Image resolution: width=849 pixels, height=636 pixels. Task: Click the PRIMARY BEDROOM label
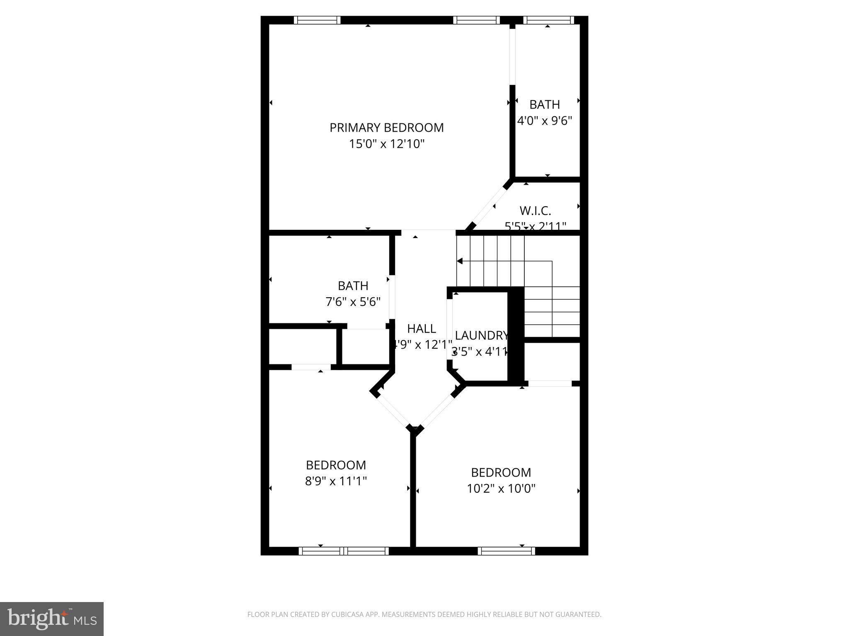386,128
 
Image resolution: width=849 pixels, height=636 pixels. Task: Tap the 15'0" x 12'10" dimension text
386,144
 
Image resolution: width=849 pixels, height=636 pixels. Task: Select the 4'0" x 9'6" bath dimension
544,120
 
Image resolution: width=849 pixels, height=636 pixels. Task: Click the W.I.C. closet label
535,211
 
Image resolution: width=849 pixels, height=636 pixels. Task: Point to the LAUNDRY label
481,335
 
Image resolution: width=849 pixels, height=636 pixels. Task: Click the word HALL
421,328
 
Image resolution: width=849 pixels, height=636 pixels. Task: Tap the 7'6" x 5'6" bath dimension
353,302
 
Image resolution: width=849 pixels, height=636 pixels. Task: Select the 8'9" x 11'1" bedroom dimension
336,481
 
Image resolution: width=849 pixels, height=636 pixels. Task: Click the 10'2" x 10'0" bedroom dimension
501,489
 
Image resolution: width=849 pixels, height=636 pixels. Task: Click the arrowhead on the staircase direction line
459,261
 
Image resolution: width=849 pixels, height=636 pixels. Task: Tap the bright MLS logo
52,619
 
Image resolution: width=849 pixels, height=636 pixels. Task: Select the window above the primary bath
548,20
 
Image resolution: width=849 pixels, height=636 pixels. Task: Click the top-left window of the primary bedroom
317,20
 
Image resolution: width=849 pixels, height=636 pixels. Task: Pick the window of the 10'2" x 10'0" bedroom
506,551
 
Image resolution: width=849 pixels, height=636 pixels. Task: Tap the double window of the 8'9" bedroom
343,551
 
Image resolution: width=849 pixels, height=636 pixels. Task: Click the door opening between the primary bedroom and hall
428,232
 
